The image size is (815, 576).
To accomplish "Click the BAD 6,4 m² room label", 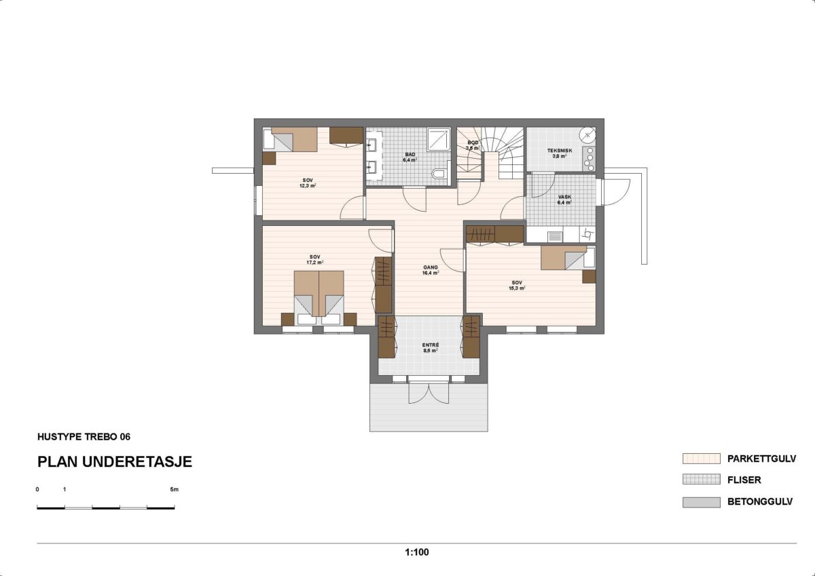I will click(410, 157).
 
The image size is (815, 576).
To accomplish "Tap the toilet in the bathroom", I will click(439, 174).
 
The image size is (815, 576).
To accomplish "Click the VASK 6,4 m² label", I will click(564, 199).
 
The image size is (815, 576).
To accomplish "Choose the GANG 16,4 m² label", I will click(430, 270).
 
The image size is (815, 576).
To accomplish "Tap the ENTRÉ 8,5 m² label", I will click(430, 348).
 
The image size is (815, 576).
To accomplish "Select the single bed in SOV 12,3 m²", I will click(291, 139).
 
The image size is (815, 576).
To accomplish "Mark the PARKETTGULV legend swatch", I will click(701, 459).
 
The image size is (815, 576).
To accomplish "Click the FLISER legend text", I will click(744, 480).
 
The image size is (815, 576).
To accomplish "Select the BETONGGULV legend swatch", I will click(701, 502).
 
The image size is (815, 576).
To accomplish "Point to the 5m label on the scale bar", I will click(174, 489).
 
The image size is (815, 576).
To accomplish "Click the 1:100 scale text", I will click(416, 552).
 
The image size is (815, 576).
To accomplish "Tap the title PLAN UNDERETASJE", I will click(114, 462).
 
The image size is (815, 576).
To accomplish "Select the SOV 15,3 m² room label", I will click(518, 285).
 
